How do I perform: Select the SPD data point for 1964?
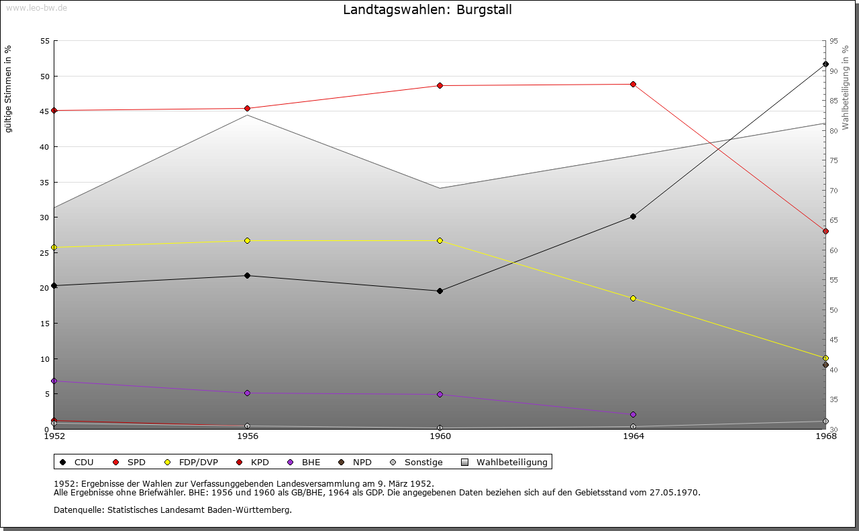tap(633, 84)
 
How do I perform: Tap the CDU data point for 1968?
tap(825, 64)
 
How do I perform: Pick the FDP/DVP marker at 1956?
tap(247, 240)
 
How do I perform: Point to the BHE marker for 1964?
tap(633, 414)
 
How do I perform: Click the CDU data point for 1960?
tap(440, 291)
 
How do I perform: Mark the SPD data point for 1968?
tap(825, 231)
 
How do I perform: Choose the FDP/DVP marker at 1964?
tap(633, 298)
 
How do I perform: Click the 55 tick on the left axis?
tap(45, 41)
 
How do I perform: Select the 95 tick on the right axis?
tap(833, 41)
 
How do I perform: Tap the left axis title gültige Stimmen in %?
tap(9, 89)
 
